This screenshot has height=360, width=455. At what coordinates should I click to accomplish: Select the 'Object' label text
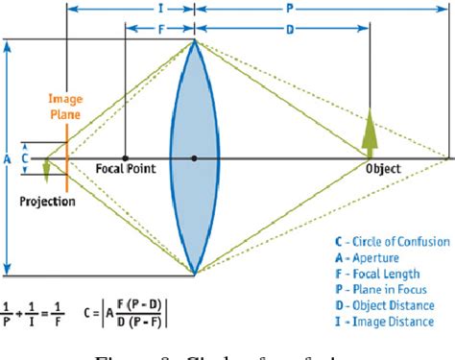click(x=383, y=170)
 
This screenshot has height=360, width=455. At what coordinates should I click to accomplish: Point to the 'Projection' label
click(x=47, y=202)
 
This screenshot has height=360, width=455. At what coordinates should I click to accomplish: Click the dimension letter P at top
click(x=317, y=7)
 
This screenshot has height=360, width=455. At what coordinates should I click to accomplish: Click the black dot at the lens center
click(x=195, y=157)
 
